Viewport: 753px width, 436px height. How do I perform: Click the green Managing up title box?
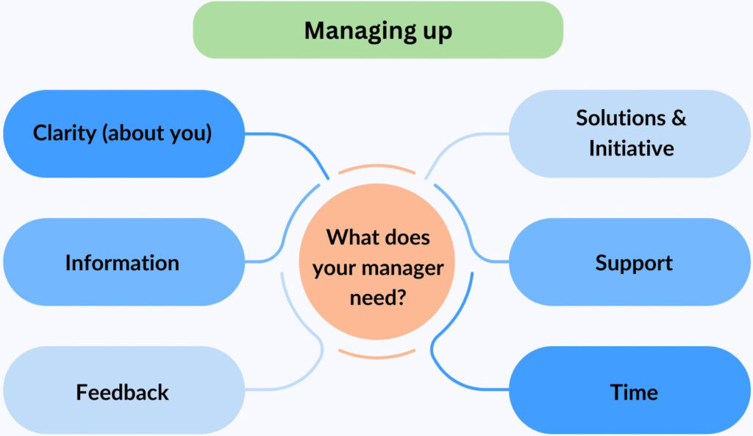(x=378, y=30)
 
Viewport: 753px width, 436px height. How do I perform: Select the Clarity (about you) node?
(x=124, y=133)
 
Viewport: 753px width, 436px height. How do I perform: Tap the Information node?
(x=124, y=261)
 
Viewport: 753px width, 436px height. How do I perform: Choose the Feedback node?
(x=124, y=390)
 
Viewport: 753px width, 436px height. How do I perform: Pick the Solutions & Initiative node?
(x=629, y=133)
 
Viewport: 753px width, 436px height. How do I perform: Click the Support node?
(x=629, y=261)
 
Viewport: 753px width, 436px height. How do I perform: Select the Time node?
(x=629, y=390)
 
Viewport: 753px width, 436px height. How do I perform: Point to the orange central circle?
(x=377, y=261)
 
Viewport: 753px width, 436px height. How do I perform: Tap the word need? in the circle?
(x=378, y=298)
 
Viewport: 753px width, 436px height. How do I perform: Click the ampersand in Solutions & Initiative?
(x=679, y=118)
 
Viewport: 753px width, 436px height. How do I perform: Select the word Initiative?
(x=632, y=148)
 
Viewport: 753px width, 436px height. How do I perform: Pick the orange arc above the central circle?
(x=377, y=166)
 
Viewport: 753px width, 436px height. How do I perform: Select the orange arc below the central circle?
(x=377, y=356)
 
